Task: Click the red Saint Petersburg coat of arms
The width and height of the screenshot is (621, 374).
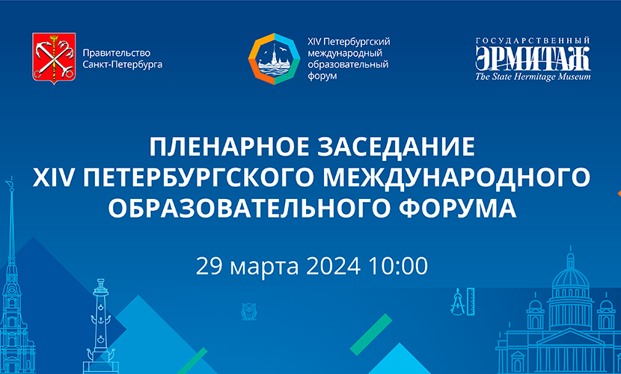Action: [54, 58]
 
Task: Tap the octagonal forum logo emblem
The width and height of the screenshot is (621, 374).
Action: [274, 59]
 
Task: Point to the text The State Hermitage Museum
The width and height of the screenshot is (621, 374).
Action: [533, 76]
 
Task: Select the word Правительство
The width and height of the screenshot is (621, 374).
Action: [117, 53]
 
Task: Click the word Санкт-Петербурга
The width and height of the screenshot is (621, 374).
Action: [123, 64]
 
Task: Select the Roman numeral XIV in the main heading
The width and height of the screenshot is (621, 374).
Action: [53, 178]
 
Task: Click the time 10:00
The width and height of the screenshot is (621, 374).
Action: [399, 266]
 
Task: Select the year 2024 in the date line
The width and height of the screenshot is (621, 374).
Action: [333, 266]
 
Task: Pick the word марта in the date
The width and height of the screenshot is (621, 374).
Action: [264, 267]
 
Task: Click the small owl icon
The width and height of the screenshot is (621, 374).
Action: [249, 311]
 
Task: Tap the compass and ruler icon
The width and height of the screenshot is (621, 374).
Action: [462, 301]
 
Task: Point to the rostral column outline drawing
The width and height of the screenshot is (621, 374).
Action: [101, 325]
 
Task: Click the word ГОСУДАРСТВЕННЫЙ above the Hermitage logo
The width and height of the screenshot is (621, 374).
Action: [533, 40]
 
